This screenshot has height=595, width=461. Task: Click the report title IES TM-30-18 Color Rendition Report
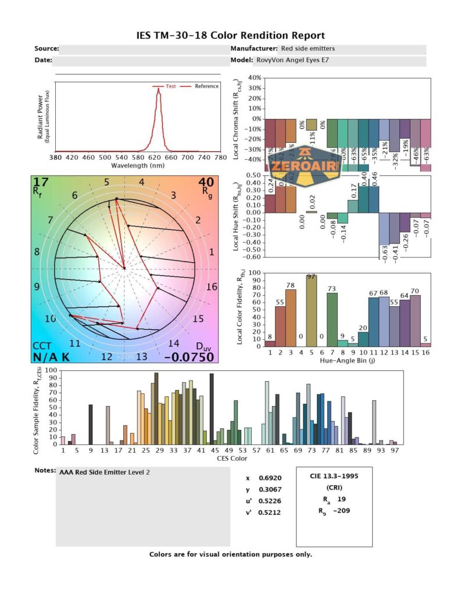point(230,36)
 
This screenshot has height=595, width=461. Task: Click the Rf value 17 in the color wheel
point(41,182)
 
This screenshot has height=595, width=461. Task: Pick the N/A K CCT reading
point(51,357)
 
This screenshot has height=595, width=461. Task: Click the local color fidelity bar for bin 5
point(312,311)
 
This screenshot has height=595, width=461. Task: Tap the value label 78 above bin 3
point(291,285)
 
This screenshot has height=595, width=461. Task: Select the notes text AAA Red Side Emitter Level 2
point(104,472)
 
